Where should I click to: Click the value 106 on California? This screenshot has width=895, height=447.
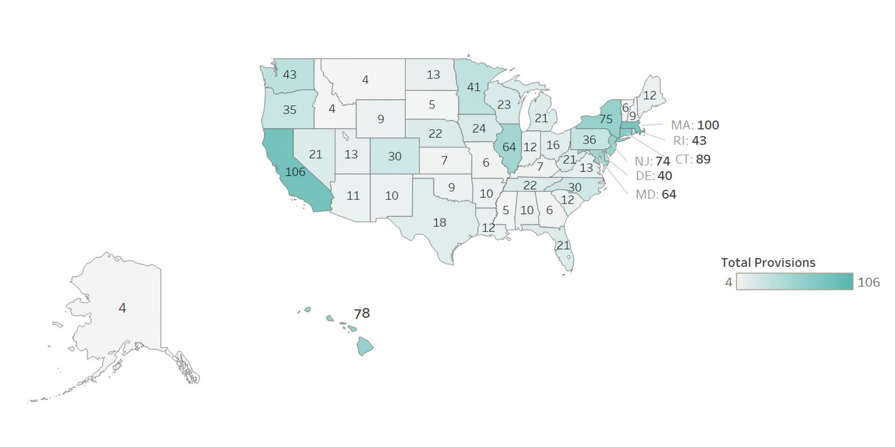295,172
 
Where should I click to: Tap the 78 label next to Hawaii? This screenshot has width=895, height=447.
362,314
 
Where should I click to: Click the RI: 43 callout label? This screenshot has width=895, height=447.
689,140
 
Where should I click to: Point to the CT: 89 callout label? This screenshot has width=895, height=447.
693,159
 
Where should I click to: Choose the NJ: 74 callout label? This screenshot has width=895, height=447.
652,162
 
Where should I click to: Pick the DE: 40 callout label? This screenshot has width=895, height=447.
654,176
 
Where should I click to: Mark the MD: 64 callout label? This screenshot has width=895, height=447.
656,194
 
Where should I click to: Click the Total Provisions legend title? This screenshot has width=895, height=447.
768,262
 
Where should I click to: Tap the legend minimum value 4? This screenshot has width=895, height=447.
729,282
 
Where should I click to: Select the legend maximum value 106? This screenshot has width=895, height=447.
869,282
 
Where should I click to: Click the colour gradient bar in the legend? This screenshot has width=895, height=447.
795,281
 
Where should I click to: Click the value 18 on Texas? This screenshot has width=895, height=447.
439,222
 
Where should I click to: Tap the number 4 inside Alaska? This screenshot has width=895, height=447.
122,308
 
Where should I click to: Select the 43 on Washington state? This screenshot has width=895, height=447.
289,75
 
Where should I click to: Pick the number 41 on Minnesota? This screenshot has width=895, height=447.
473,87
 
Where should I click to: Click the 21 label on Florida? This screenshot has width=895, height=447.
563,245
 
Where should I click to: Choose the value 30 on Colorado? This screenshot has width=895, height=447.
394,156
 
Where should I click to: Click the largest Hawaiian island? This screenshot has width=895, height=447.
364,347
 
